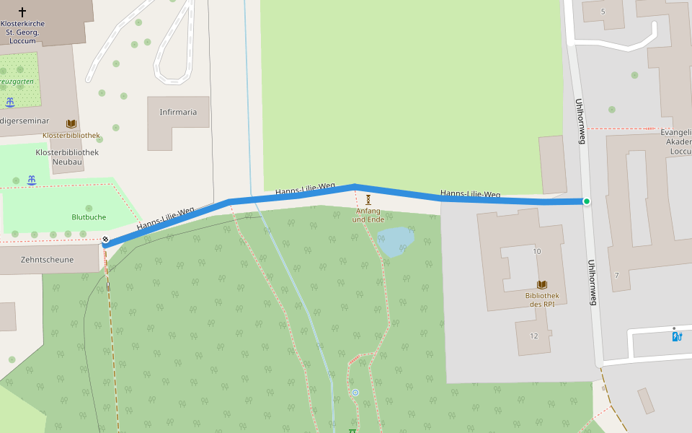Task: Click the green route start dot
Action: click(587, 201)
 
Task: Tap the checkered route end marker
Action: click(105, 239)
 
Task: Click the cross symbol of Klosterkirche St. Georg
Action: click(22, 12)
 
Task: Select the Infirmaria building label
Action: click(178, 112)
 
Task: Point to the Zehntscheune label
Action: click(48, 260)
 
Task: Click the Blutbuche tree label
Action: click(89, 217)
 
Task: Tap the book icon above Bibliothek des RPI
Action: click(542, 285)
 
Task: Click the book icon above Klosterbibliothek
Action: click(71, 124)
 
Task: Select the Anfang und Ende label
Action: click(368, 215)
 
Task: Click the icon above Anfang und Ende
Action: click(368, 199)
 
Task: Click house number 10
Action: click(536, 251)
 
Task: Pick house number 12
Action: click(533, 336)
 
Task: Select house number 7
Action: click(616, 276)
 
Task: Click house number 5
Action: click(603, 12)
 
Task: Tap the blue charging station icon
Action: click(677, 336)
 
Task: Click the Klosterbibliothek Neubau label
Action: click(67, 157)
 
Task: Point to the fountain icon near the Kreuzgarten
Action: click(10, 102)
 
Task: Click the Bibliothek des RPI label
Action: click(542, 299)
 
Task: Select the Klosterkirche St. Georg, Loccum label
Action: click(22, 32)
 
